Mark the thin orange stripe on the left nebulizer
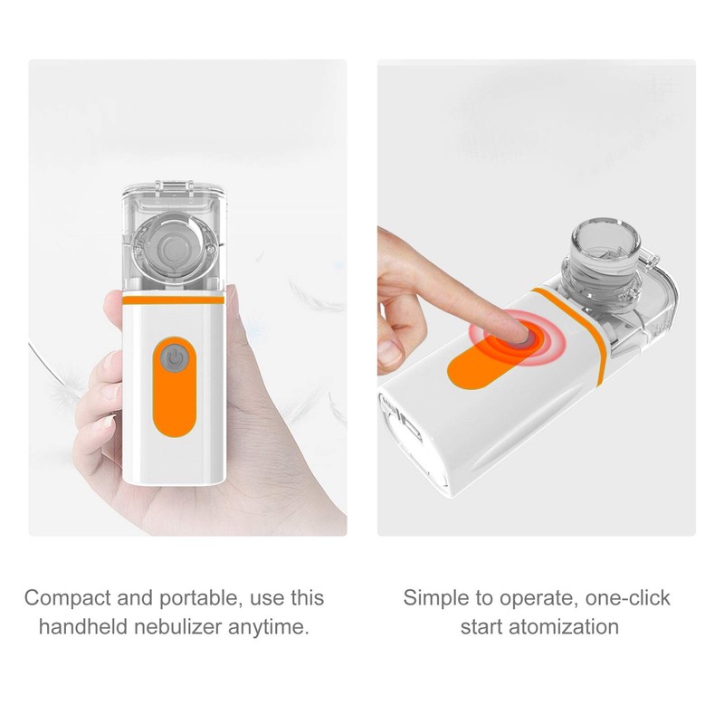(172, 297)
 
